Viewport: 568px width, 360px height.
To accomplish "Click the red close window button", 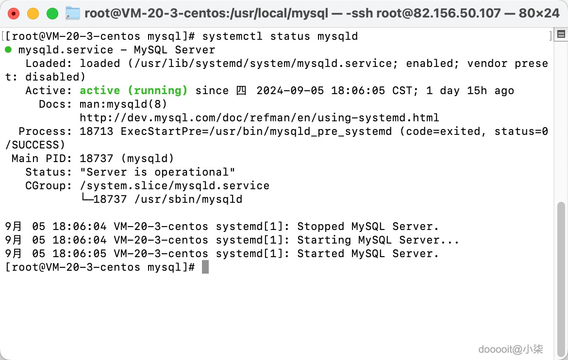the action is point(14,14).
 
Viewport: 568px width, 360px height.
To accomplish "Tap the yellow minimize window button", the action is point(33,14).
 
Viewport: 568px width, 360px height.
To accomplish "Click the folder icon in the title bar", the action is point(72,14).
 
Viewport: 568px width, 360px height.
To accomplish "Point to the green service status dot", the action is point(8,49).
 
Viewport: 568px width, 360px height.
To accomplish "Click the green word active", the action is point(100,91).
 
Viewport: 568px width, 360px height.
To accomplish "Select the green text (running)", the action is point(158,91).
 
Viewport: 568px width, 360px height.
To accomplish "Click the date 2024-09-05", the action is point(290,91).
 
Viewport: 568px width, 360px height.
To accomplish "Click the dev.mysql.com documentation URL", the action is point(259,118).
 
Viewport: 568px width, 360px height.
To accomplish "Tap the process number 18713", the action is point(96,131).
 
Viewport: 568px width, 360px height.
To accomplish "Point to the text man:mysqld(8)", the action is point(123,104).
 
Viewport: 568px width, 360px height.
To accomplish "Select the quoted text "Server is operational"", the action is point(158,172).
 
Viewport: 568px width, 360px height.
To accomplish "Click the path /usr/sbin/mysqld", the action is point(188,199).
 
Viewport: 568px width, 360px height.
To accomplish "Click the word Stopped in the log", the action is point(320,227).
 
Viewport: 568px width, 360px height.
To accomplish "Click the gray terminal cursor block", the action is point(205,267).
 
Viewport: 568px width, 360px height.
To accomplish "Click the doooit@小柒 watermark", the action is point(510,349).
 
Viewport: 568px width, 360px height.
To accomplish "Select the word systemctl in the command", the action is point(232,36).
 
